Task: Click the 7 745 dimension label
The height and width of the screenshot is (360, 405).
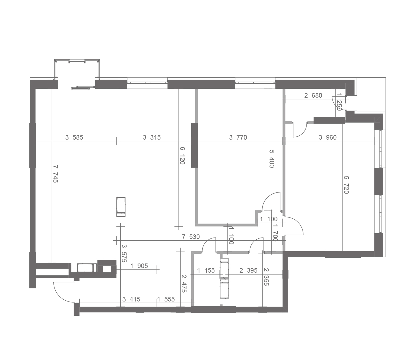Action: pyautogui.click(x=56, y=174)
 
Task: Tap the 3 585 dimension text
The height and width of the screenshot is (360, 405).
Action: pyautogui.click(x=74, y=137)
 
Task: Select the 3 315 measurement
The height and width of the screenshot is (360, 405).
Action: pyautogui.click(x=152, y=137)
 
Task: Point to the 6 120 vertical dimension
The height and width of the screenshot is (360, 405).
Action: pyautogui.click(x=182, y=155)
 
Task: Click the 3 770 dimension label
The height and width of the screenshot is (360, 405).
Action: pyautogui.click(x=238, y=137)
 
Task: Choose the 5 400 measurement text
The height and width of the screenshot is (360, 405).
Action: pyautogui.click(x=272, y=159)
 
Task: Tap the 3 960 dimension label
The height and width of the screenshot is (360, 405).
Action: pyautogui.click(x=327, y=137)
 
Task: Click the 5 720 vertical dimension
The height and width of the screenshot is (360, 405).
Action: pyautogui.click(x=346, y=185)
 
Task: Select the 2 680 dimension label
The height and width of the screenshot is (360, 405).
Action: pyautogui.click(x=313, y=95)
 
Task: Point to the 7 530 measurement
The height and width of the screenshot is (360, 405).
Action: pyautogui.click(x=191, y=237)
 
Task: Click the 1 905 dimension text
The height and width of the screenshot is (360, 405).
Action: pyautogui.click(x=139, y=266)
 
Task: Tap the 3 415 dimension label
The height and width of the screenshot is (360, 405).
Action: pyautogui.click(x=131, y=299)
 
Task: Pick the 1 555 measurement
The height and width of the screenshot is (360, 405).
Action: pyautogui.click(x=166, y=299)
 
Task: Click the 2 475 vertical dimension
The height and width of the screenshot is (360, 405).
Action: pyautogui.click(x=184, y=283)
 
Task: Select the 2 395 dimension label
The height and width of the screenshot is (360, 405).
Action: pyautogui.click(x=248, y=270)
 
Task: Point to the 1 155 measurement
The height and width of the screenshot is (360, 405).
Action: pyautogui.click(x=206, y=270)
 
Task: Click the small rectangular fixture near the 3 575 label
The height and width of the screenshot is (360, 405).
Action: pyautogui.click(x=121, y=207)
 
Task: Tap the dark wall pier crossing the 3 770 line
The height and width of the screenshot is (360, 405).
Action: pyautogui.click(x=194, y=145)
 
